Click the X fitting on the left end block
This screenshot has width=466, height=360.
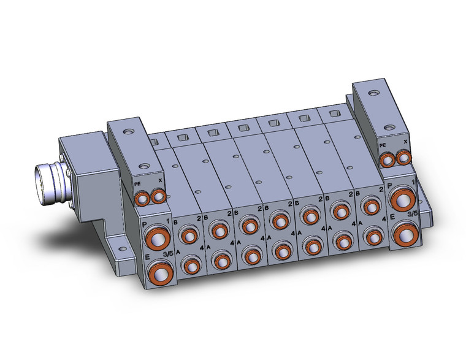coord(158,196)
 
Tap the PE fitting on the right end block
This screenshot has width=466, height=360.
coord(386,160)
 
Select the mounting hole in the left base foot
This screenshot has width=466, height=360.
coord(121,250)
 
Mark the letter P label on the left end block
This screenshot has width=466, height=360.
coord(145,225)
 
